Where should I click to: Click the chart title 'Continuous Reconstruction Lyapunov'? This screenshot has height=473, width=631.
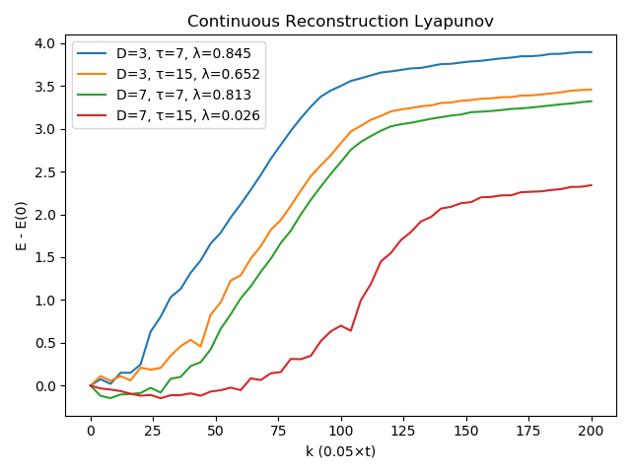click(x=340, y=21)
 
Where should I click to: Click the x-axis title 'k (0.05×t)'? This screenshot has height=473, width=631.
click(x=340, y=452)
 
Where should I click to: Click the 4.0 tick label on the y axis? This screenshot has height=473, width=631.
click(x=44, y=43)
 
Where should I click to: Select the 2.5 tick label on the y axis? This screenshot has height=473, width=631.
click(x=44, y=171)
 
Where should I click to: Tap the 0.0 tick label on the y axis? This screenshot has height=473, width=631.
click(x=44, y=385)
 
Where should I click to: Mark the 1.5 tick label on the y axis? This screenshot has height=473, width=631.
click(x=44, y=257)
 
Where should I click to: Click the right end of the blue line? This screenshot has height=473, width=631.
click(x=592, y=52)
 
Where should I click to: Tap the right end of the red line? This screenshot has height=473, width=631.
click(x=592, y=185)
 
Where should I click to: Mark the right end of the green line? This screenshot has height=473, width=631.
click(x=592, y=101)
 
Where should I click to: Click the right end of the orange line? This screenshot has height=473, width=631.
click(x=592, y=90)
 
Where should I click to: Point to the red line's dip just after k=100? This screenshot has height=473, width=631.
click(x=351, y=330)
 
